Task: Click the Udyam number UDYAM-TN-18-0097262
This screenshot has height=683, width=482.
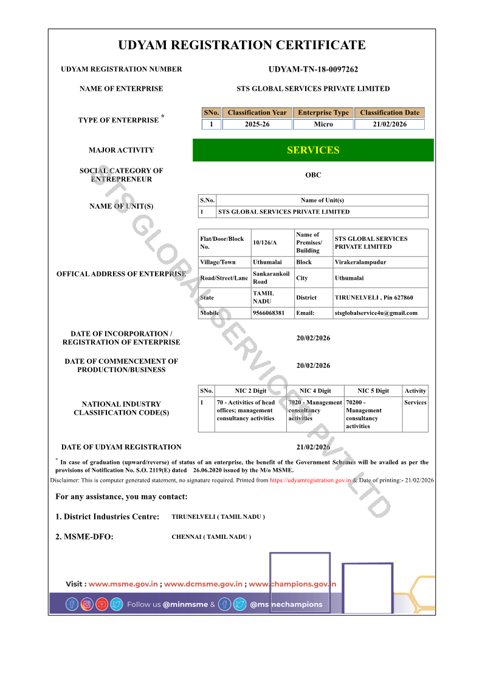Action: [313, 69]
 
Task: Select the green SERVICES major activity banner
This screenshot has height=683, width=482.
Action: [313, 150]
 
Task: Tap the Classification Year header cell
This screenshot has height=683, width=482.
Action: [257, 113]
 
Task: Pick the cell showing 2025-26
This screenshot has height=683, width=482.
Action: [257, 124]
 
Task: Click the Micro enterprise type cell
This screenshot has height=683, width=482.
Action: [323, 124]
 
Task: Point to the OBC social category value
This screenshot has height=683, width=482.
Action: [313, 175]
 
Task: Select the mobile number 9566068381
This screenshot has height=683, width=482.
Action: [269, 313]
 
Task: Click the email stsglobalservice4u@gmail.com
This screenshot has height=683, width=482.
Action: [376, 313]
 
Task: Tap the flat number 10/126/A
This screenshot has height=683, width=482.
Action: [264, 243]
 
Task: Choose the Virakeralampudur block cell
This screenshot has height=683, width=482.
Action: [360, 262]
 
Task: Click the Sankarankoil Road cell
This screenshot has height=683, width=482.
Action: [271, 278]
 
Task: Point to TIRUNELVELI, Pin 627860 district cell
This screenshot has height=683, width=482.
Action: [374, 297]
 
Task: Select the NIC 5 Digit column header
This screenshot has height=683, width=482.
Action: [373, 391]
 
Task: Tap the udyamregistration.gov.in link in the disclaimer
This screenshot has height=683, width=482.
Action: [311, 480]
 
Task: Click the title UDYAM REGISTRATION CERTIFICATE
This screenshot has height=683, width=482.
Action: [242, 45]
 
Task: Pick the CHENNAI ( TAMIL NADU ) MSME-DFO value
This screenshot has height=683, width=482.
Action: [212, 537]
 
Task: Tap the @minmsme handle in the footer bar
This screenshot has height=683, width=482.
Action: [185, 605]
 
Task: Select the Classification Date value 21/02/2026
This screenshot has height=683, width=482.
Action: [390, 124]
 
